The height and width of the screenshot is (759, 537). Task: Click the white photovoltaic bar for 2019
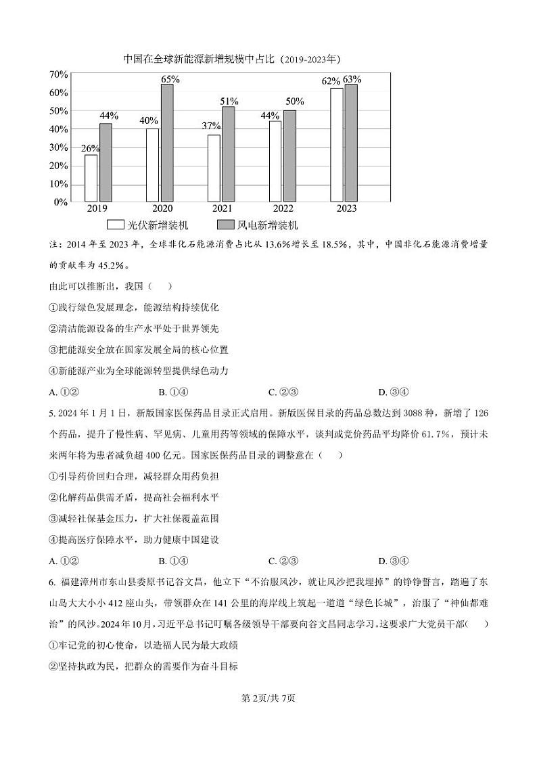click(91, 178)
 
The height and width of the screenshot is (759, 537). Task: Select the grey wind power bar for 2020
click(166, 143)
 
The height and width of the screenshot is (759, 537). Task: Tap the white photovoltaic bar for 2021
click(214, 168)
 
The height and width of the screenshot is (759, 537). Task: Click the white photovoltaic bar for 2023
click(336, 145)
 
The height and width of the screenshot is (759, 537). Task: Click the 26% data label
click(90, 149)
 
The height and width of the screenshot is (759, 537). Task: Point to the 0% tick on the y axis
click(61, 202)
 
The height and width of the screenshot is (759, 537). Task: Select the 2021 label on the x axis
click(222, 209)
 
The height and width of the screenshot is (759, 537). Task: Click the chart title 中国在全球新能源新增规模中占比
click(199, 59)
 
